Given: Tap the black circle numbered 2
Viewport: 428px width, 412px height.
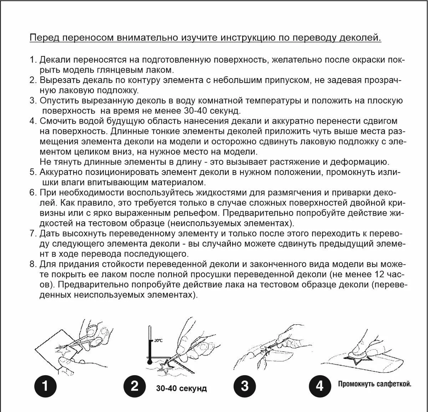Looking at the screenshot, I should [x=134, y=386].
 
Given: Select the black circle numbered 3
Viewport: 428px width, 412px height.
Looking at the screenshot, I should [x=244, y=386].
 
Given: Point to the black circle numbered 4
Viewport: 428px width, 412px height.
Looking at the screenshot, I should [x=319, y=386].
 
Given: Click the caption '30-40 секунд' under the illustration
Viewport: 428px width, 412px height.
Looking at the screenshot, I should [x=181, y=388].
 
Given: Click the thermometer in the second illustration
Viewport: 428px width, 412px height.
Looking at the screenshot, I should [x=150, y=346].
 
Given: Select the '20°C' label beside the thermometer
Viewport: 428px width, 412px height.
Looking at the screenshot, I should [x=158, y=340].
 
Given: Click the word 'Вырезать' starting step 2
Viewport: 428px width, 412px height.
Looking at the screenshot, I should [x=58, y=80].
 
